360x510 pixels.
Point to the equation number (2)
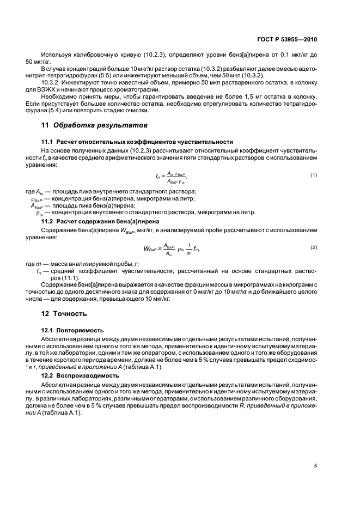pyautogui.click(x=314, y=247)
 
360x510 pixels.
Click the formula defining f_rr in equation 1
pyautogui.click(x=174, y=177)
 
